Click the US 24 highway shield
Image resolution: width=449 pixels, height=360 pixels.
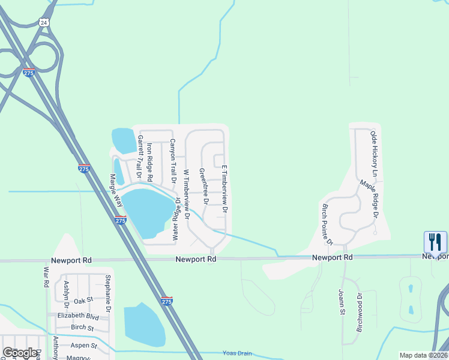(x=43, y=22)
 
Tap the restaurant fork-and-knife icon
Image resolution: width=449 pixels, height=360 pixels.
(x=435, y=242)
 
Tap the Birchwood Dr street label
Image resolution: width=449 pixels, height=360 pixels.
(x=360, y=312)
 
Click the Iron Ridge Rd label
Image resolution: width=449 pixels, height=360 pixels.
(x=150, y=163)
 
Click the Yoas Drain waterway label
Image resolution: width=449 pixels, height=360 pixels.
(x=237, y=353)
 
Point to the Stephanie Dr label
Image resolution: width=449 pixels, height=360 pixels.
(x=108, y=294)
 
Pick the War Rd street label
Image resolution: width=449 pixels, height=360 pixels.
(x=46, y=277)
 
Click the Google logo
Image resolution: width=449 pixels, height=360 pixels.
(x=19, y=353)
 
